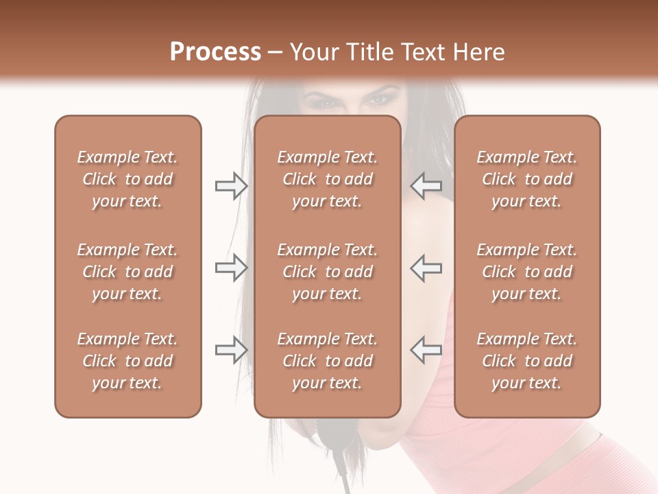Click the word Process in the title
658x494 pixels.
(x=215, y=52)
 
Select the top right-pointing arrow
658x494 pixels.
(x=231, y=186)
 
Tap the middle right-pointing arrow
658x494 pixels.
(x=231, y=268)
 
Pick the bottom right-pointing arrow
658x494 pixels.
(x=231, y=350)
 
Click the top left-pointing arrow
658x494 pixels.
(x=426, y=186)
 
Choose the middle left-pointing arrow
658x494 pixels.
(x=426, y=268)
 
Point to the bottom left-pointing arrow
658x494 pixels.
(x=426, y=350)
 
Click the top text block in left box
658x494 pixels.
(x=127, y=179)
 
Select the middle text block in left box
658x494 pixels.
(x=127, y=272)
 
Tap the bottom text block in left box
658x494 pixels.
(x=127, y=361)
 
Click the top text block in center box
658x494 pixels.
(x=327, y=179)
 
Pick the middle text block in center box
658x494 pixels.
(x=327, y=272)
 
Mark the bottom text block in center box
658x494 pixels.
(x=327, y=361)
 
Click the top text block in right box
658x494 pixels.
(x=526, y=179)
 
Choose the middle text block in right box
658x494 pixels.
(x=526, y=272)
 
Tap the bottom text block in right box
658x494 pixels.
(x=526, y=361)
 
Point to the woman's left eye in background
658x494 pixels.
(x=378, y=101)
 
